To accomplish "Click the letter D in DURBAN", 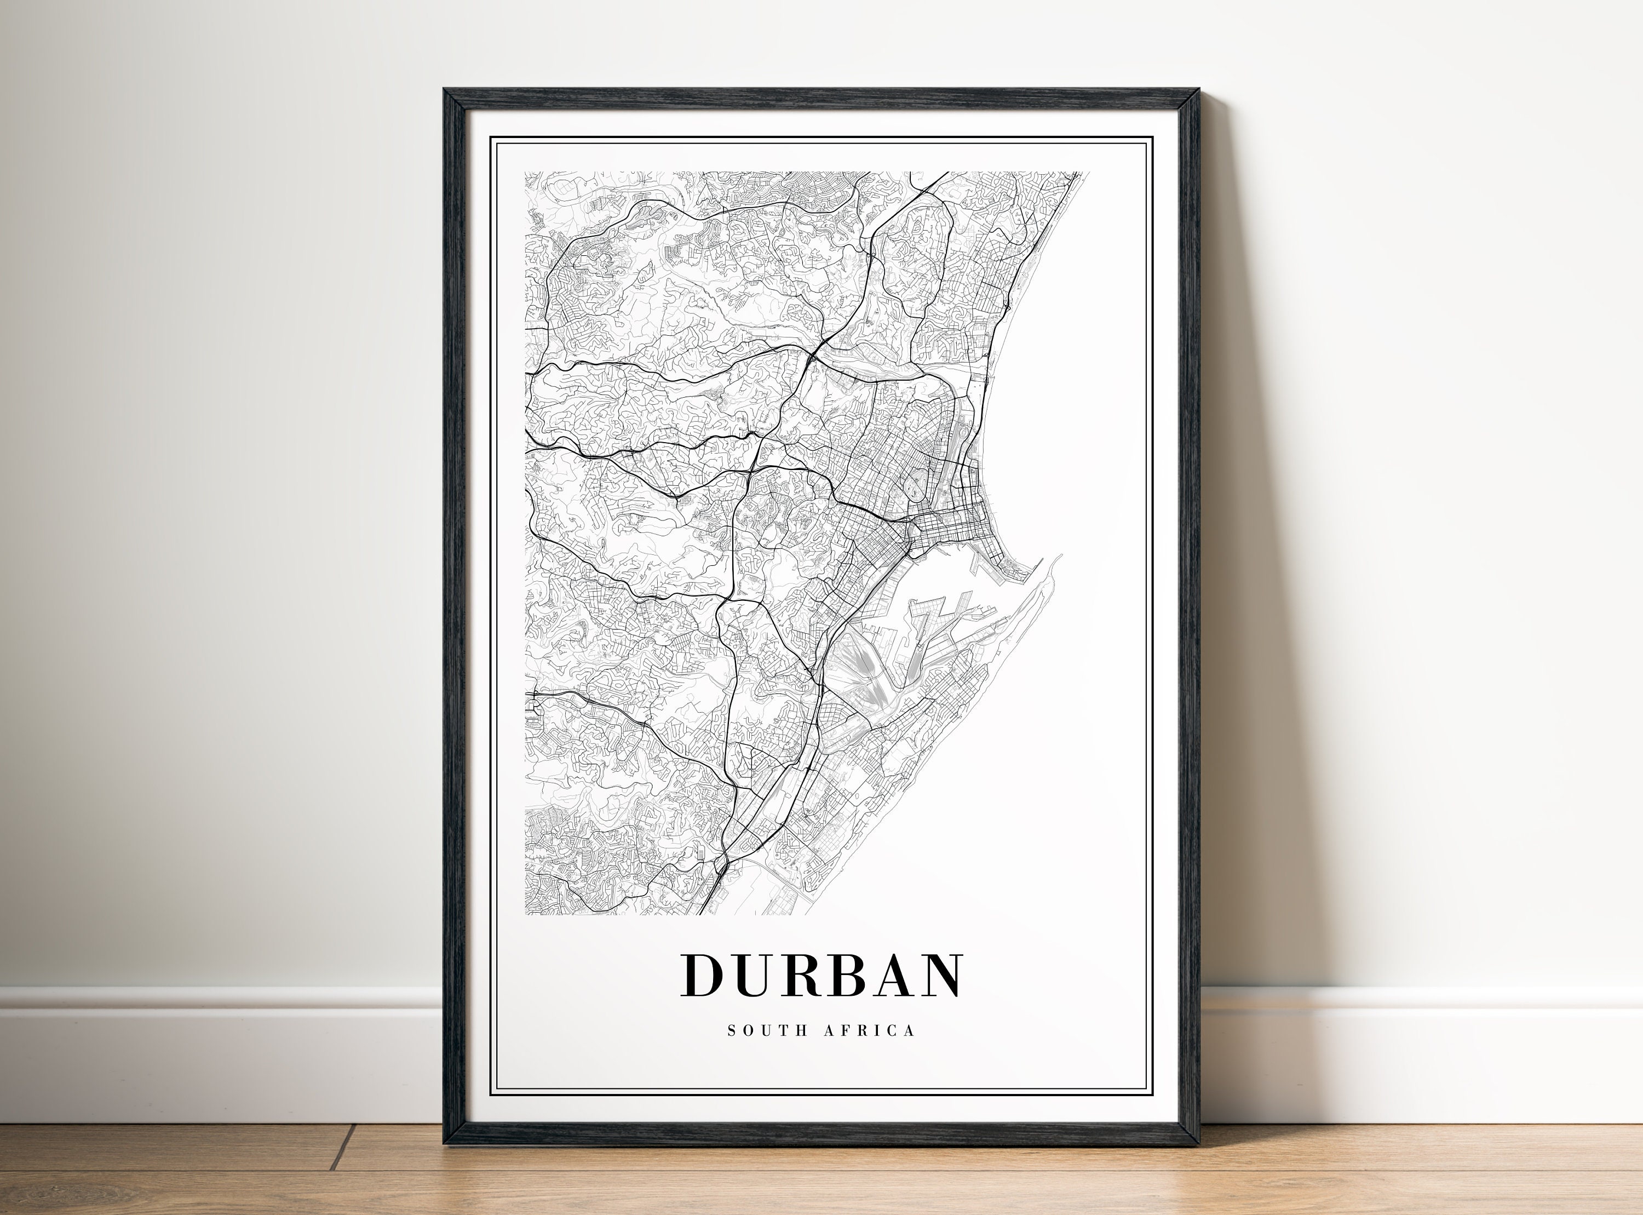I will [705, 976].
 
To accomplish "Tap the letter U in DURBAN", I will [758, 977].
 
